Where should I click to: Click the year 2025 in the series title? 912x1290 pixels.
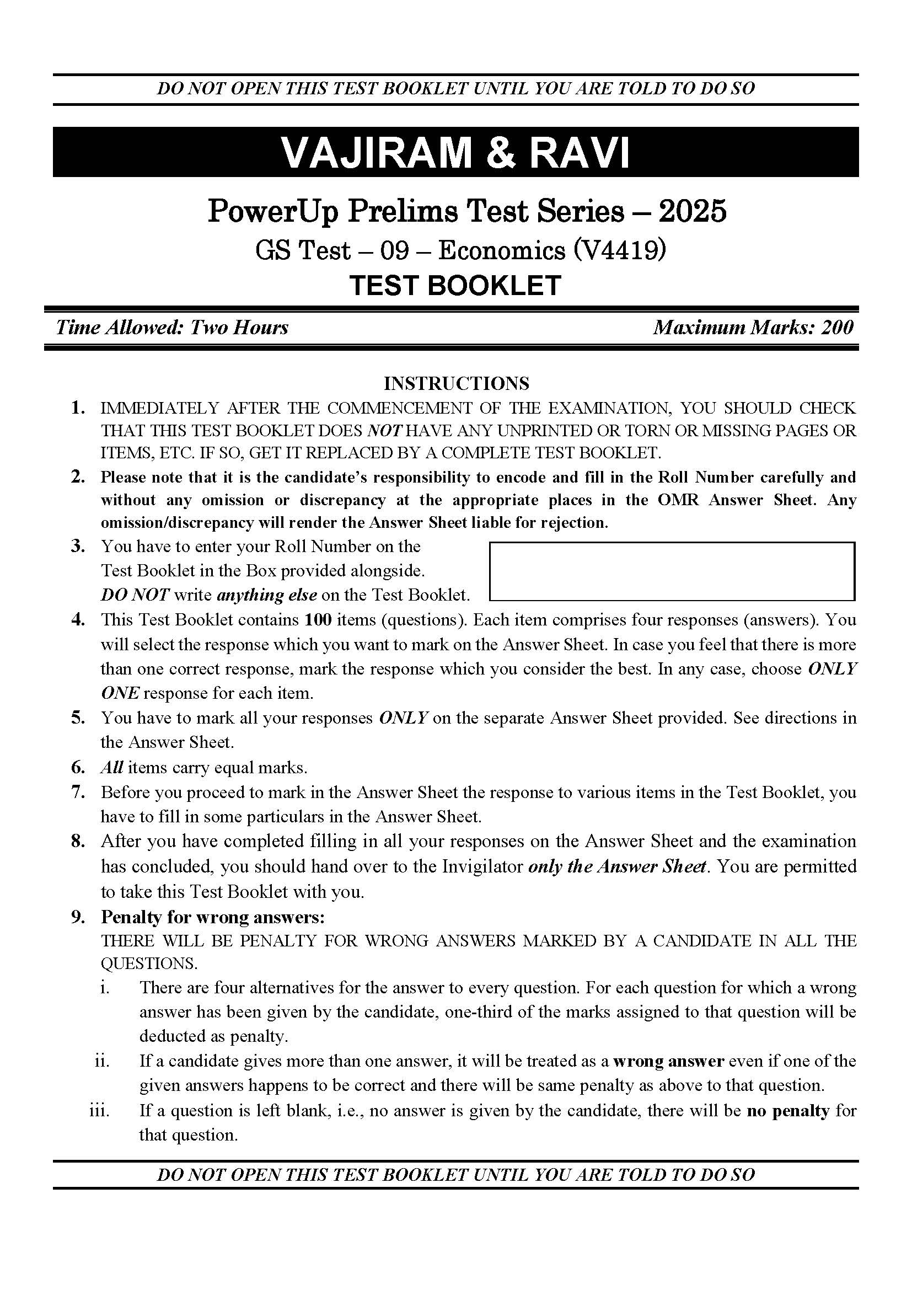click(693, 211)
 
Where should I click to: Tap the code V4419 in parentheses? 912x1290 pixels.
click(620, 250)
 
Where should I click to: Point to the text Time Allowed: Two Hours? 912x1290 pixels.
click(172, 327)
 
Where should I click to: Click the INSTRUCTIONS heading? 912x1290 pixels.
click(456, 383)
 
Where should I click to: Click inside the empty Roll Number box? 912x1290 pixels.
click(672, 571)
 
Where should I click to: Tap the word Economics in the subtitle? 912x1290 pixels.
click(501, 250)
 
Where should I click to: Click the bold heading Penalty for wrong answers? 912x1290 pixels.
click(213, 917)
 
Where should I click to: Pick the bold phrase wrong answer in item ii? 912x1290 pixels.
click(668, 1061)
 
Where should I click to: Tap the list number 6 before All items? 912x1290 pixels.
click(78, 768)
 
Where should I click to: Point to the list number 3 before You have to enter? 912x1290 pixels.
click(78, 546)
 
